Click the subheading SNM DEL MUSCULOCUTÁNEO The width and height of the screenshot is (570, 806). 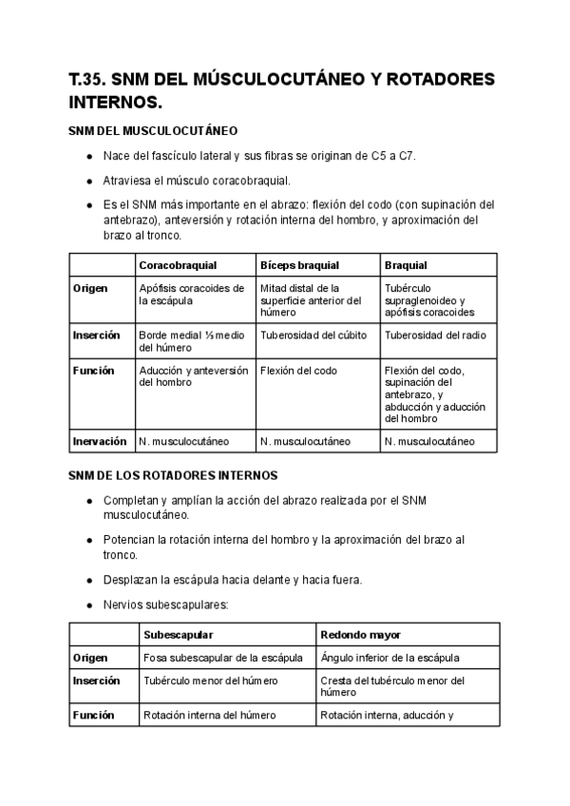(152, 130)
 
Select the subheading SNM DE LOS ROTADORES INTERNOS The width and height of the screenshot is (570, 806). (173, 474)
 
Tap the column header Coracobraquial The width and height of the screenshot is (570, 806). (178, 265)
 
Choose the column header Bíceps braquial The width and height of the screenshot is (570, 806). (299, 265)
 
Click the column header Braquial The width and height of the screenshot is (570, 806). (406, 265)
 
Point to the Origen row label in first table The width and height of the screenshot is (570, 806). (90, 288)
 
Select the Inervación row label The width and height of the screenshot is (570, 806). (100, 441)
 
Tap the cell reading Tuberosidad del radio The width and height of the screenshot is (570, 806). (435, 336)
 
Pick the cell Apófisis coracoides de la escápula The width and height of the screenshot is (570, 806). (185, 294)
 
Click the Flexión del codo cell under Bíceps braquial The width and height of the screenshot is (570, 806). (298, 371)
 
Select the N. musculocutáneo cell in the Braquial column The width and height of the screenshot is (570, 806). (430, 441)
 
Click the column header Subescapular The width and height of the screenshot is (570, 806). (178, 634)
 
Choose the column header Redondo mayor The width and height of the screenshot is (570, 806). (360, 634)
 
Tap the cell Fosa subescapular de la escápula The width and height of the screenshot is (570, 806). (223, 657)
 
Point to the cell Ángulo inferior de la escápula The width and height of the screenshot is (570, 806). (390, 657)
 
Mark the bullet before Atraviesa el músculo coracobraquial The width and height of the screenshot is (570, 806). (88, 181)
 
